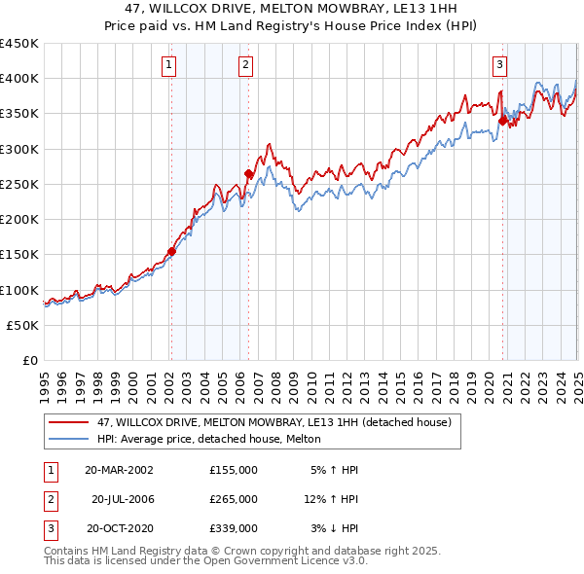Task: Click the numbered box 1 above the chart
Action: pyautogui.click(x=169, y=65)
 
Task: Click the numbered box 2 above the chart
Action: pyautogui.click(x=246, y=65)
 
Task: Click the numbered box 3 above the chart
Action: pyautogui.click(x=499, y=65)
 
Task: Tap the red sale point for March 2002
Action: pyautogui.click(x=171, y=251)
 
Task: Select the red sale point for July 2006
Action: pyautogui.click(x=248, y=174)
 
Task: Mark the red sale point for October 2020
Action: pyautogui.click(x=503, y=122)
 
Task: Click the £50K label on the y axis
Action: pyautogui.click(x=22, y=325)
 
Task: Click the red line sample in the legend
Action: pyautogui.click(x=69, y=423)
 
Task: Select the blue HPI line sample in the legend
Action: pyautogui.click(x=69, y=440)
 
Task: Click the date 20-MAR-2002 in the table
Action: pyautogui.click(x=119, y=469)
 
